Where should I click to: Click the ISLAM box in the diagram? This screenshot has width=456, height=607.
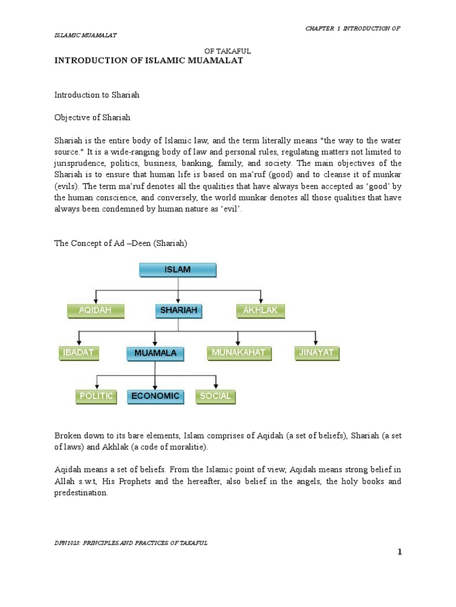pos(178,270)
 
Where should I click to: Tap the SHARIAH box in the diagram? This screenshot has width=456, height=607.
pos(179,310)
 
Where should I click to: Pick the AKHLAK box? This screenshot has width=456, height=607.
pos(261,310)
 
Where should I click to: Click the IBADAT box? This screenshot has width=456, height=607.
pos(78,353)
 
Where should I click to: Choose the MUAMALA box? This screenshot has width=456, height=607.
pos(155,354)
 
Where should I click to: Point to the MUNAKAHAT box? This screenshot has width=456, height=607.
pos(238,353)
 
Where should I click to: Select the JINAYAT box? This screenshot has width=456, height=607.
pos(316,353)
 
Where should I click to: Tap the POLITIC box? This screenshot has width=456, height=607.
pos(96,396)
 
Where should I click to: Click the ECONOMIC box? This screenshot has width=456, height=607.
pos(156,397)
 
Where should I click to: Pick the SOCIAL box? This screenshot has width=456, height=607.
pos(216,396)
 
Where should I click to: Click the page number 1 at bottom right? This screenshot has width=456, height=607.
pos(400,552)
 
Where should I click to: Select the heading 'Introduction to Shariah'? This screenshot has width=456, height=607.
pos(97,95)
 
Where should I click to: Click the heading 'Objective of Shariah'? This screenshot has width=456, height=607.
pos(93,117)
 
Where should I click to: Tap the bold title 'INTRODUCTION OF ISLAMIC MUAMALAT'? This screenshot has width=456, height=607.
pos(148,61)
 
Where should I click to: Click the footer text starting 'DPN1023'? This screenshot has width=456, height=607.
pos(131,543)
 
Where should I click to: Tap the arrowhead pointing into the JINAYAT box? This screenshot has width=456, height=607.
pos(316,343)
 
